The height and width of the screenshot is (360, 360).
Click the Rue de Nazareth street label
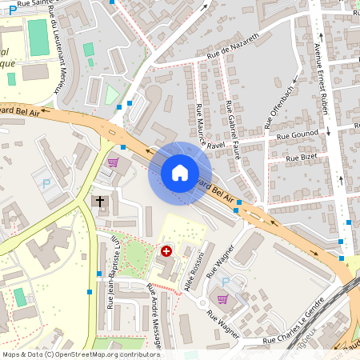coord(234,46)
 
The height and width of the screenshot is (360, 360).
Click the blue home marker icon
coord(180,173)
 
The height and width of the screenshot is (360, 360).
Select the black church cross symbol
coord(100,201)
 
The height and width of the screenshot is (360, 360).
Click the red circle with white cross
coord(166,251)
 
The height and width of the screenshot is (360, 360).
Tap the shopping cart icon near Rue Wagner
coord(222,299)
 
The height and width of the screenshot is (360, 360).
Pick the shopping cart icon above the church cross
coord(113,162)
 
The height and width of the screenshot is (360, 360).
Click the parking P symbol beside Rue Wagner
coord(224,281)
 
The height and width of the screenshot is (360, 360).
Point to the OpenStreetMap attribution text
coord(81,354)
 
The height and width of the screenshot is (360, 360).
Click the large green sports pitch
coord(38,38)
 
